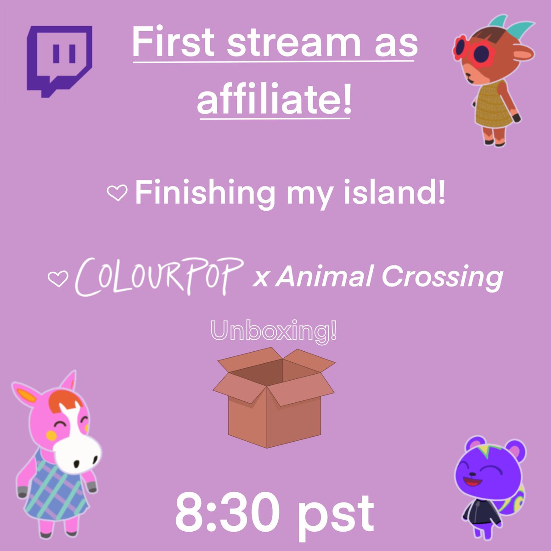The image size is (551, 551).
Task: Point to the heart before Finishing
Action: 117,194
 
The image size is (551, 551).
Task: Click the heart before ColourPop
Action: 58,278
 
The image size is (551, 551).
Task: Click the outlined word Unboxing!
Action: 274,331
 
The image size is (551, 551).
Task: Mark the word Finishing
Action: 204,193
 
